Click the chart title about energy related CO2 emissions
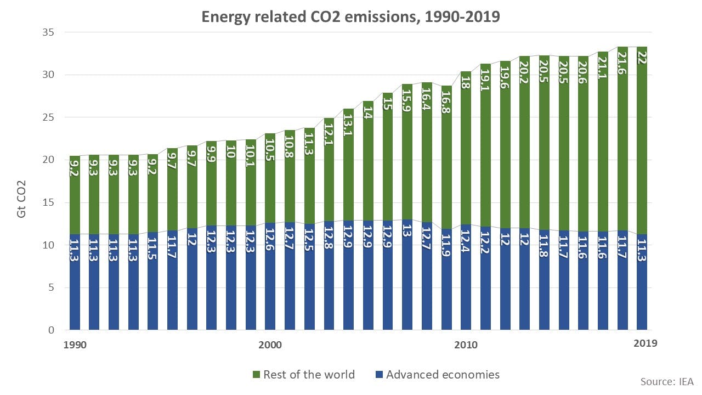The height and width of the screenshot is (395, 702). tap(350, 16)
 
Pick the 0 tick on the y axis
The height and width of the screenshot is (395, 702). tap(50, 330)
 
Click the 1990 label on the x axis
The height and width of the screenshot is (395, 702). tap(75, 345)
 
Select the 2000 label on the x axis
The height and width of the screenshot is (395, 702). tap(270, 345)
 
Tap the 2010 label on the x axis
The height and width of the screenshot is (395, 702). tap(466, 345)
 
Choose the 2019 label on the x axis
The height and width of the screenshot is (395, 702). tap(645, 343)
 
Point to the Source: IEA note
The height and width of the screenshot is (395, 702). tap(666, 381)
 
